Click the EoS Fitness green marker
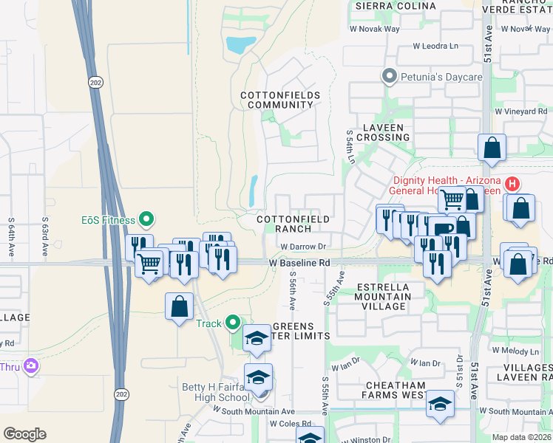[146, 219]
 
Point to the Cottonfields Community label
[280, 100]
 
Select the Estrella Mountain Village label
[381, 296]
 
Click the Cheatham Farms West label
[393, 390]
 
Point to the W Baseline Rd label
[299, 263]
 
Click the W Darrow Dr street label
[303, 247]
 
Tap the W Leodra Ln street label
[435, 46]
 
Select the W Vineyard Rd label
[521, 111]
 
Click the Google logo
[24, 434]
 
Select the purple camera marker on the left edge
[30, 365]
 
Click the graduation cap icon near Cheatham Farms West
[440, 403]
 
